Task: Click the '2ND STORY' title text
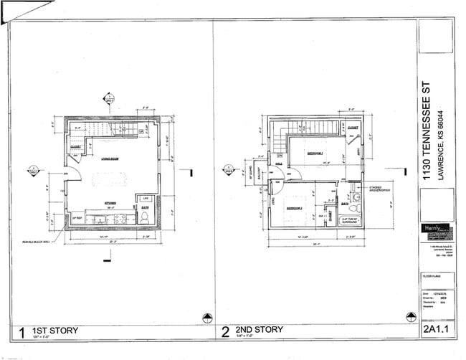click(x=259, y=330)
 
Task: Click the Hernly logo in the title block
click(x=435, y=229)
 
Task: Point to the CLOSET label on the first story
click(x=76, y=148)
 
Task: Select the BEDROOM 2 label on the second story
click(x=295, y=208)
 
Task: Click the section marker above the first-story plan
click(x=108, y=98)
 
